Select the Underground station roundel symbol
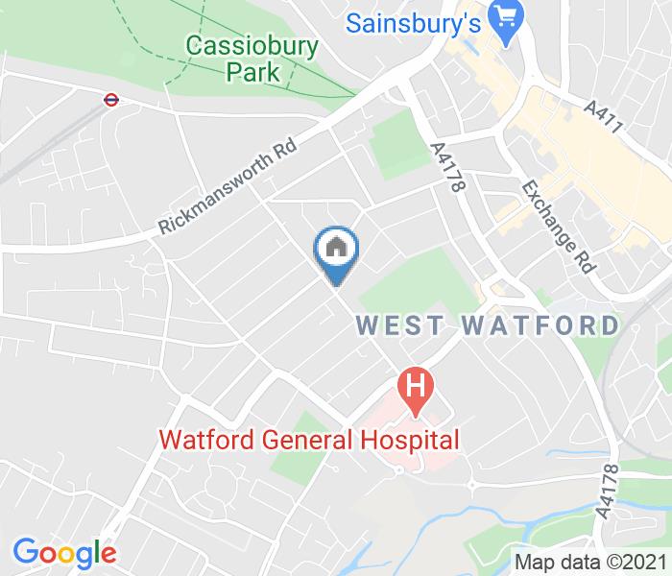coord(110,97)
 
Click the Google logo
coord(64,553)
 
